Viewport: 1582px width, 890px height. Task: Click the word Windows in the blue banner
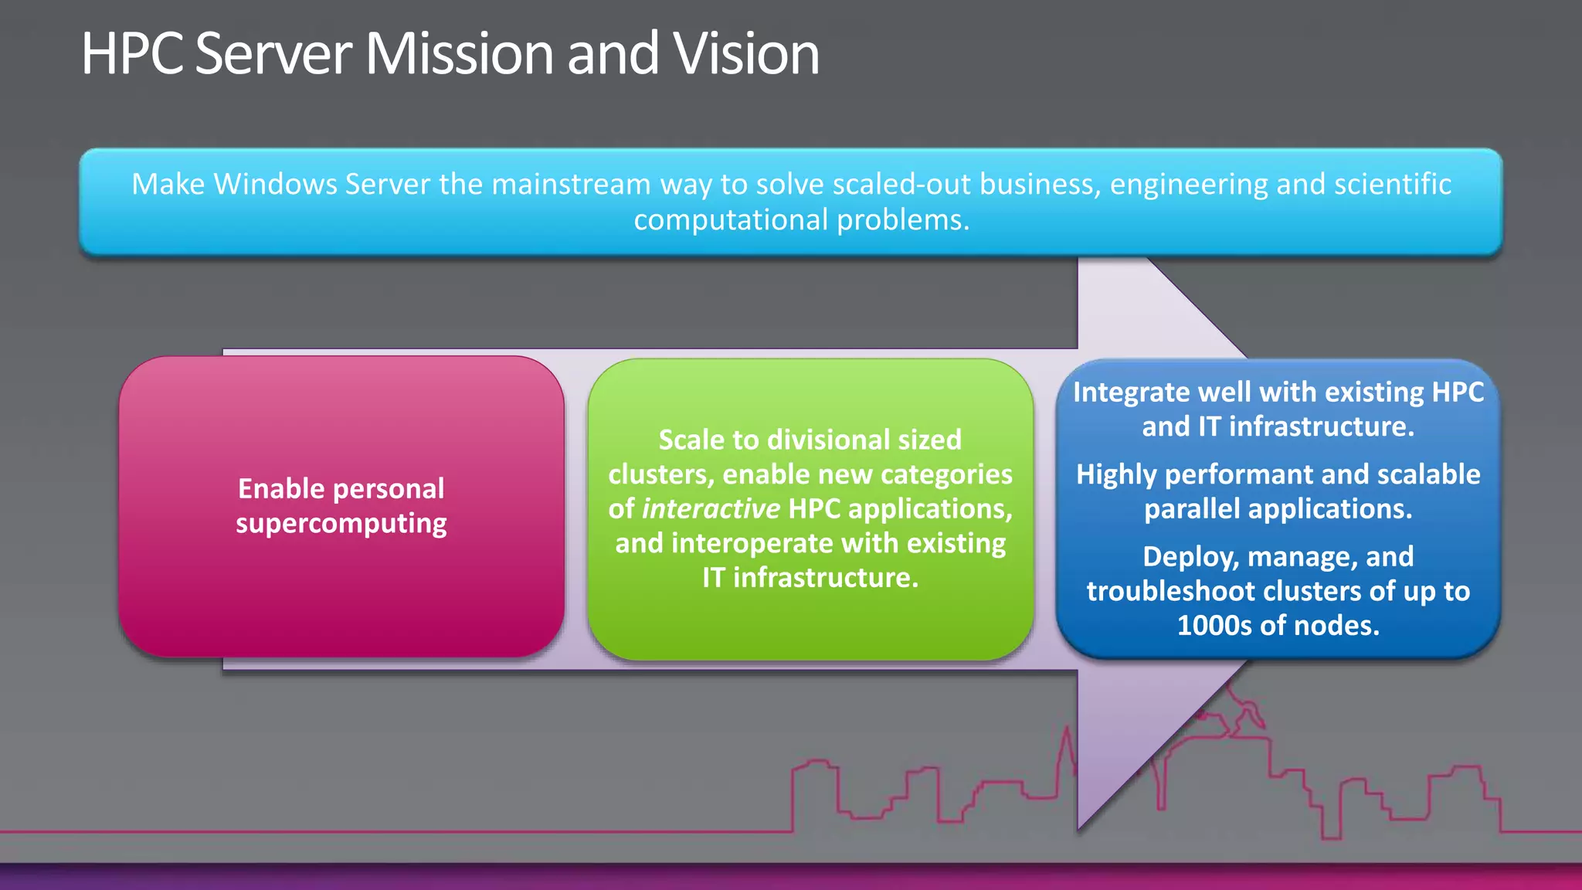click(276, 185)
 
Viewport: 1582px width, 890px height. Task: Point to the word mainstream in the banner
click(571, 185)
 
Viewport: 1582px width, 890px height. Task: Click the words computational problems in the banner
click(801, 220)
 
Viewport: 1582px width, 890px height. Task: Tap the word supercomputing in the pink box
click(341, 524)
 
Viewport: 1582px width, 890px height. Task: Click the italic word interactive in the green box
click(711, 509)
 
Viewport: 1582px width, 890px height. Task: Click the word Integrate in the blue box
click(1132, 392)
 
